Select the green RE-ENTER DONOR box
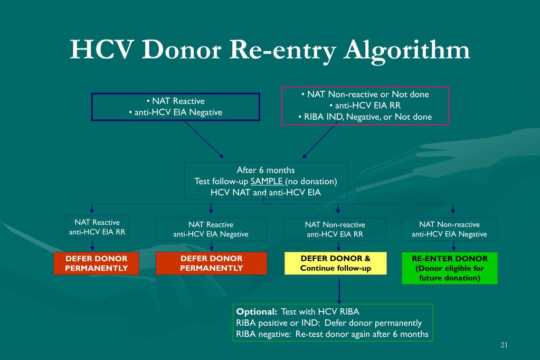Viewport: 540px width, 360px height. (x=449, y=268)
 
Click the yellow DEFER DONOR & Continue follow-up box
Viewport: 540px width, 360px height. (x=336, y=263)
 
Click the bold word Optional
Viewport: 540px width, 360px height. (x=257, y=311)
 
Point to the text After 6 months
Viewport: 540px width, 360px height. (x=266, y=170)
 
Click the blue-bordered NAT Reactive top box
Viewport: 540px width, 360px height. (x=176, y=107)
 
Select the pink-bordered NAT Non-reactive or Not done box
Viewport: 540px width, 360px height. (x=365, y=106)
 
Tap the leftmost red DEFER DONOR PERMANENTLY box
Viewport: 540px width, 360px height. (x=97, y=263)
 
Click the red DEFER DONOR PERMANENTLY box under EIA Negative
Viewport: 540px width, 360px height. (x=211, y=263)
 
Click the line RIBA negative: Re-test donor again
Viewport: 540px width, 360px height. (x=332, y=334)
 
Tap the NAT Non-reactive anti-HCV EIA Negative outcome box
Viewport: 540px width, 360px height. (x=449, y=229)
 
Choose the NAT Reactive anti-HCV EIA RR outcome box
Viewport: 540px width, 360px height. (x=97, y=227)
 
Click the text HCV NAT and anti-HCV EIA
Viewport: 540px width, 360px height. (x=266, y=192)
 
